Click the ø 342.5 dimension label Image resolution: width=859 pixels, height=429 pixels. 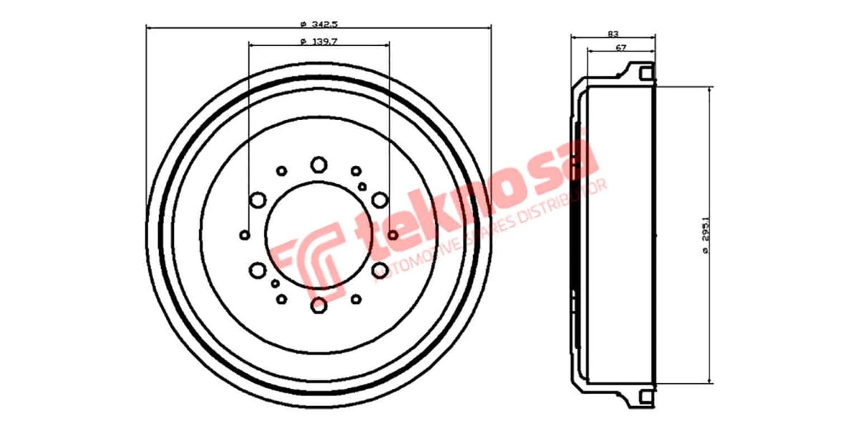[x=319, y=21]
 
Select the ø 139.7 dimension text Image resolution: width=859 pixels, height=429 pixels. [x=319, y=41]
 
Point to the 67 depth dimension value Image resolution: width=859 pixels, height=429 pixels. [x=621, y=47]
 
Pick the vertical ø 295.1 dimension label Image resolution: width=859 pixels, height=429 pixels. [x=707, y=237]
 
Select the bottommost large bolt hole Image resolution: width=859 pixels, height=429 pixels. [x=319, y=305]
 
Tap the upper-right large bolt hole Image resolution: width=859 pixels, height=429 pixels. [x=380, y=199]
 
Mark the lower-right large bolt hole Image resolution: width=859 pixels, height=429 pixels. [x=380, y=270]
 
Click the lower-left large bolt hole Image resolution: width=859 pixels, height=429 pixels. [x=258, y=270]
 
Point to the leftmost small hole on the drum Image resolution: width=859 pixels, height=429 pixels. [x=245, y=235]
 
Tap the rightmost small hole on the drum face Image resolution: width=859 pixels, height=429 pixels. [x=393, y=235]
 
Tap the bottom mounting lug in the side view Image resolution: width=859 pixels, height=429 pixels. [x=641, y=397]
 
